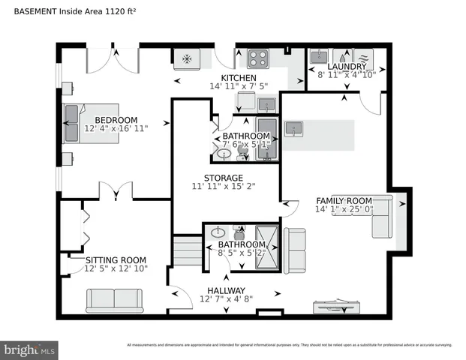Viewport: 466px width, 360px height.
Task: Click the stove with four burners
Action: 259,57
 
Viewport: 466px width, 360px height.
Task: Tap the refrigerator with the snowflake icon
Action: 185,57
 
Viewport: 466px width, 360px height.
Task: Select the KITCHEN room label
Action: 239,78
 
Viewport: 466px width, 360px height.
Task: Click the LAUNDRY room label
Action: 347,67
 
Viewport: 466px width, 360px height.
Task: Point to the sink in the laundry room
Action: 318,56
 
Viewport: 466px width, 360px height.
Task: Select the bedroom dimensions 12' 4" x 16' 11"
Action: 116,129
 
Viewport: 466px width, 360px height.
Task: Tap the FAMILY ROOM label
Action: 344,200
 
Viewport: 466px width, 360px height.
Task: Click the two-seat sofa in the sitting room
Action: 115,299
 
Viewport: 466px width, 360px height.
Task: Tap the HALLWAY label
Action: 227,290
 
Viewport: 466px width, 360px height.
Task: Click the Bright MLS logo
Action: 30,349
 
